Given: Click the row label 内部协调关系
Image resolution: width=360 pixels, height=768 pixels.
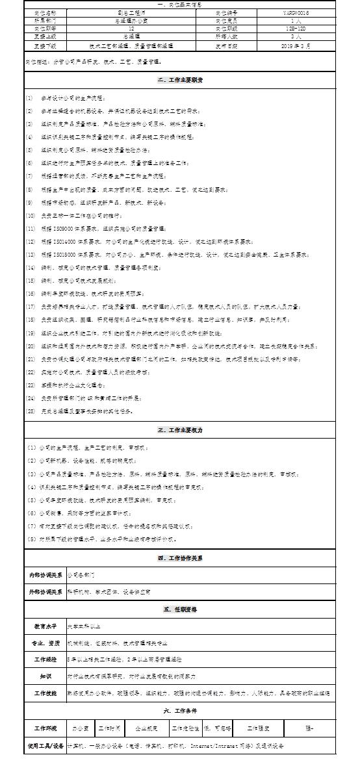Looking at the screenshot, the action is pos(45,575).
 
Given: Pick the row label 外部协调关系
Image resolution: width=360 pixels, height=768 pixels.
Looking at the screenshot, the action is pos(45,592).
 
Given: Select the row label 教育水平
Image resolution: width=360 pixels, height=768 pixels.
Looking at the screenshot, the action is pos(45,626).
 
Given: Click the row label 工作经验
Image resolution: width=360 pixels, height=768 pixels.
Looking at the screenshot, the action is pos(45,659).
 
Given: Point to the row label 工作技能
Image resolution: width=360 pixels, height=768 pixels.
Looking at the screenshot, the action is pos(45,693).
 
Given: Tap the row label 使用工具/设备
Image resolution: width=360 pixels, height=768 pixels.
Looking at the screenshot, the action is pos(45,746).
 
